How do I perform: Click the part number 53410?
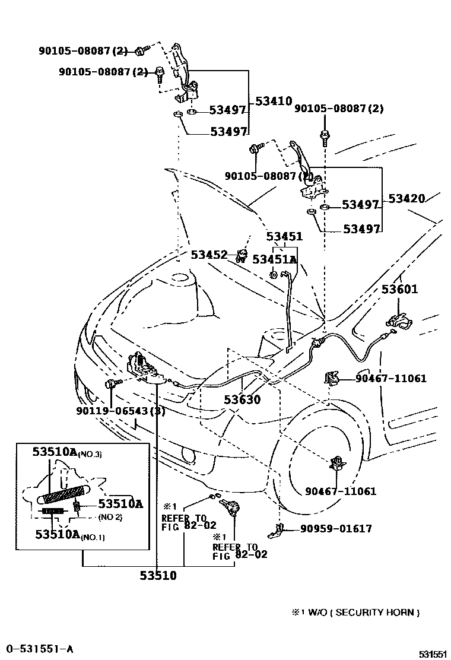pos(274,101)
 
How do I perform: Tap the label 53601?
pos(399,290)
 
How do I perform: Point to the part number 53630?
pos(242,399)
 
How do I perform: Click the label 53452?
pos(209,255)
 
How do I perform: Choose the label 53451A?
pos(274,259)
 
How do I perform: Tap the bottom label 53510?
pos(158,575)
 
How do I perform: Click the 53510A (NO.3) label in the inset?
pos(67,453)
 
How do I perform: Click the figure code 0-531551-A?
pos(39,648)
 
